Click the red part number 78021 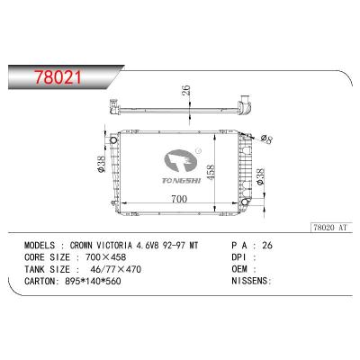point(58,77)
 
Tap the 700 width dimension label point(179,199)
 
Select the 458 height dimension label point(211,172)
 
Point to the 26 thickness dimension point(186,90)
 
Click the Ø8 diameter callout point(266,139)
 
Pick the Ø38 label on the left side point(102,165)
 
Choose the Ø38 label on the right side point(261,176)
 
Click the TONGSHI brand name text point(182,180)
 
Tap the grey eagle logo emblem point(181,160)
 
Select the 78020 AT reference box point(330,228)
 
